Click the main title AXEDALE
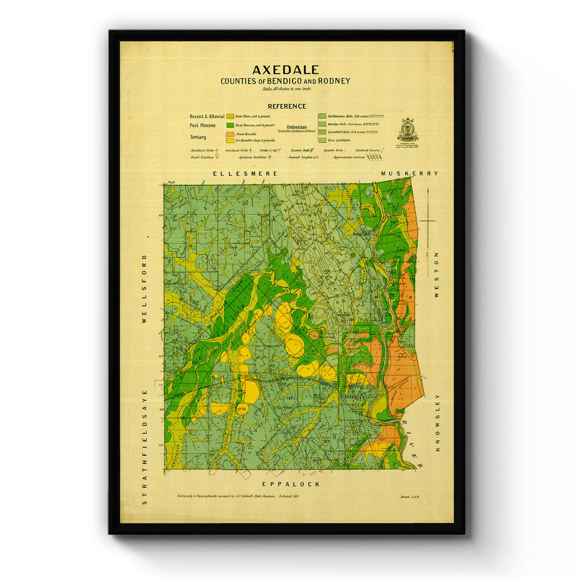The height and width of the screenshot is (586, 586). (x=286, y=70)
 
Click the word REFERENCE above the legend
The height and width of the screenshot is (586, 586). (x=287, y=106)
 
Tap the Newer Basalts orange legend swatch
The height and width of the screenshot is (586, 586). (x=230, y=134)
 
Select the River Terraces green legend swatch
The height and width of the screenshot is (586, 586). (x=230, y=125)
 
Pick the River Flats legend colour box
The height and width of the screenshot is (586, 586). (x=230, y=116)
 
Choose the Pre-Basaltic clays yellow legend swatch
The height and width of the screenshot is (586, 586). (x=230, y=140)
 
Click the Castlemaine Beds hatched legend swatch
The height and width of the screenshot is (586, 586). (x=322, y=116)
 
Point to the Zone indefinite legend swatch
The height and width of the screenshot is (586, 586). (x=322, y=140)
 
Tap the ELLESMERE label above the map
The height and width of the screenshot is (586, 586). (x=246, y=173)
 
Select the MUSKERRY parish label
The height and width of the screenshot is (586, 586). (x=410, y=173)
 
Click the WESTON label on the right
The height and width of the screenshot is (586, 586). (x=436, y=275)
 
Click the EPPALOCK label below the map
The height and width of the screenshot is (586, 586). (x=291, y=484)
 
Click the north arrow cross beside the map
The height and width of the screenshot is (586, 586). (x=427, y=221)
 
